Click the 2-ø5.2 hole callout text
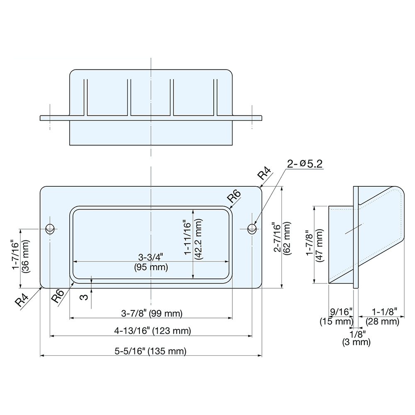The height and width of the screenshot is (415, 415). (304, 164)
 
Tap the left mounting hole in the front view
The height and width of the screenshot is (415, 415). (50, 228)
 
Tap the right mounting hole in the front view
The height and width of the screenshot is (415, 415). (251, 228)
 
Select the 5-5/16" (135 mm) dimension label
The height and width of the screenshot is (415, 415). (151, 351)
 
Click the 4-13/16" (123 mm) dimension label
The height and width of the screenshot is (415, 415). (152, 331)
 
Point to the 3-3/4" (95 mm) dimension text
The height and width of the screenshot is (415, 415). (151, 263)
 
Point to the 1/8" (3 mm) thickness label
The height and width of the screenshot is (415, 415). (356, 338)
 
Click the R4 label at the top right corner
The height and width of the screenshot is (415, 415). (264, 173)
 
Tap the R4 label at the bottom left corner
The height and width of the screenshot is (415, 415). (22, 300)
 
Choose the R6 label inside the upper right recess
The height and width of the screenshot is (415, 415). (235, 196)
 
